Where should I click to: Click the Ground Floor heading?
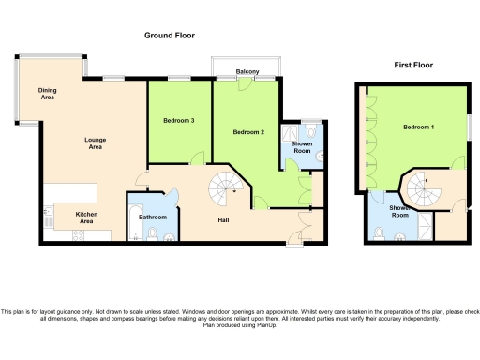pyautogui.click(x=169, y=35)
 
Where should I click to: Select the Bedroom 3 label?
pyautogui.click(x=178, y=121)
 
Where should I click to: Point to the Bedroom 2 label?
pyautogui.click(x=248, y=132)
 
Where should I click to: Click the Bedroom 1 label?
pyautogui.click(x=419, y=127)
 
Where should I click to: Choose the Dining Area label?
pyautogui.click(x=47, y=94)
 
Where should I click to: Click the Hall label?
pyautogui.click(x=224, y=222)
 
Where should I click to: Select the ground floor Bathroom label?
pyautogui.click(x=152, y=217)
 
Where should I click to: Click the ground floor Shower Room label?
pyautogui.click(x=302, y=147)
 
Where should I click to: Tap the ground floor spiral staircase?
pyautogui.click(x=223, y=190)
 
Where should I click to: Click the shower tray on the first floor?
pyautogui.click(x=427, y=226)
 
